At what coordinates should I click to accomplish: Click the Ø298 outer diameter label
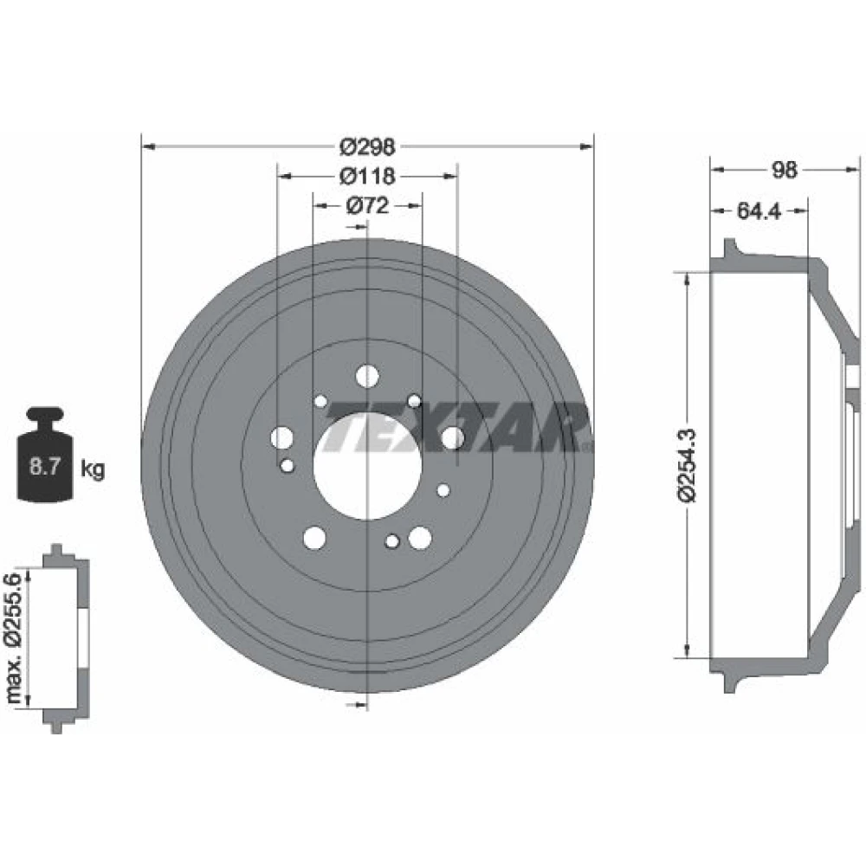[367, 147]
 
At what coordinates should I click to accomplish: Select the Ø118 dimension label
[367, 176]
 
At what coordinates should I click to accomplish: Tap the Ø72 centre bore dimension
[367, 206]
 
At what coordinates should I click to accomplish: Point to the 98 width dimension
[784, 170]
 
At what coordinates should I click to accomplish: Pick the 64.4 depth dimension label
[759, 210]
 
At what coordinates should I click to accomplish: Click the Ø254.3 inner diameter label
[688, 465]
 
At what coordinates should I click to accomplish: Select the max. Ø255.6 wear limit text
[13, 638]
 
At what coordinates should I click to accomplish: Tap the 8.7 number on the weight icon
[45, 467]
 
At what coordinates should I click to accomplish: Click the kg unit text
[93, 469]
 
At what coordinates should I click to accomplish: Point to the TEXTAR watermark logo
[456, 428]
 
